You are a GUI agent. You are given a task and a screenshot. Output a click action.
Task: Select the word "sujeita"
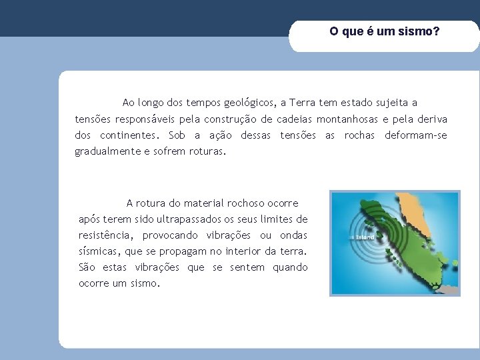388,103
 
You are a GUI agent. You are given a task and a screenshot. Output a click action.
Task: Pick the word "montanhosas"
342,119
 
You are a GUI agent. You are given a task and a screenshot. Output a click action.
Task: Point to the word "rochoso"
235,203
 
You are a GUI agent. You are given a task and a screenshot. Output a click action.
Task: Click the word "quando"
291,267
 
